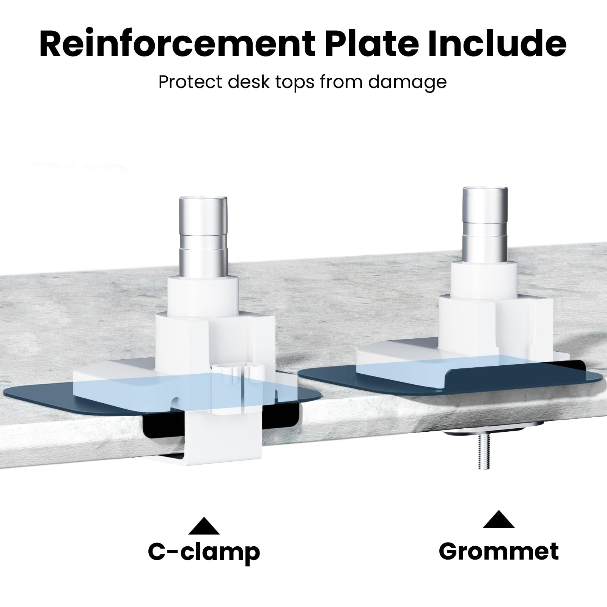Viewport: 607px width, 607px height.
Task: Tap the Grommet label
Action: coord(498,551)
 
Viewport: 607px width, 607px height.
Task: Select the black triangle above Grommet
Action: coord(498,519)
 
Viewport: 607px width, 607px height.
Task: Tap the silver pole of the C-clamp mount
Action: coord(203,237)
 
